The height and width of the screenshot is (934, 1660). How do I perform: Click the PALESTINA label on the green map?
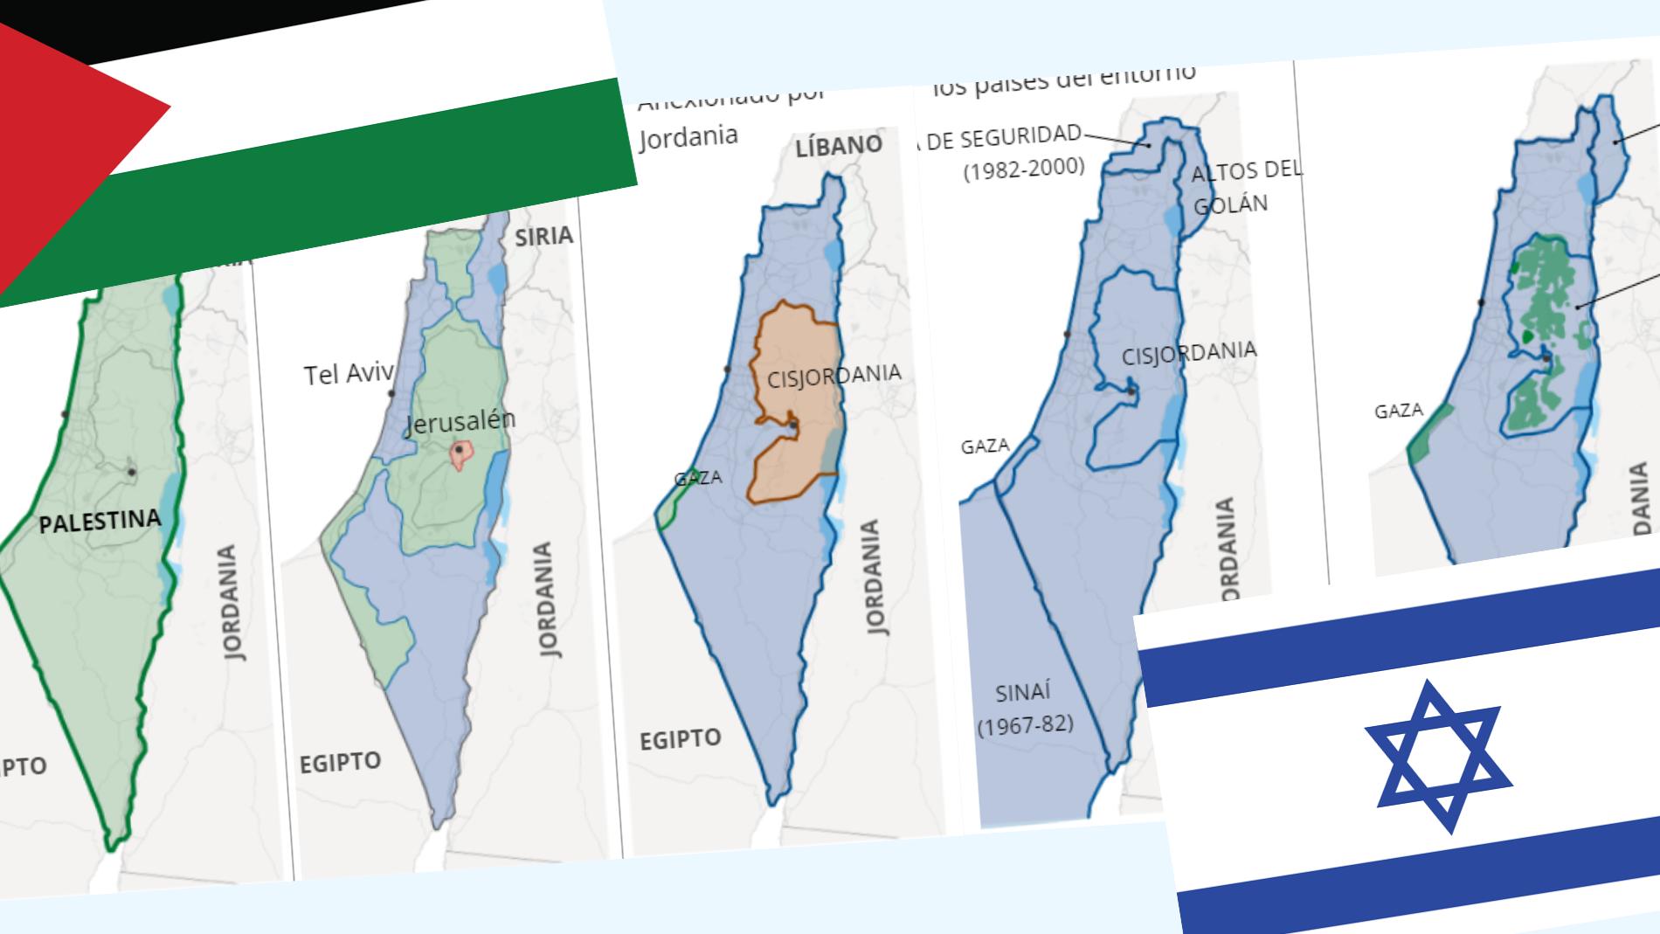coord(100,522)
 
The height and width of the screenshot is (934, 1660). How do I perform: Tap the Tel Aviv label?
coord(346,375)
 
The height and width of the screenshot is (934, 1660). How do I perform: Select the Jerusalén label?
coord(460,423)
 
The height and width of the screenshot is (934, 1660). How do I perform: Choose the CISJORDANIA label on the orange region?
coord(833,377)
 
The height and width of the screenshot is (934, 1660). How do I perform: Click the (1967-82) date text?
coord(1025,724)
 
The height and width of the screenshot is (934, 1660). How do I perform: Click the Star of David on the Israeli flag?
coord(1437,756)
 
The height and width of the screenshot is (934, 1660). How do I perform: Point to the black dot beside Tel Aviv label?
coord(392,394)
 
